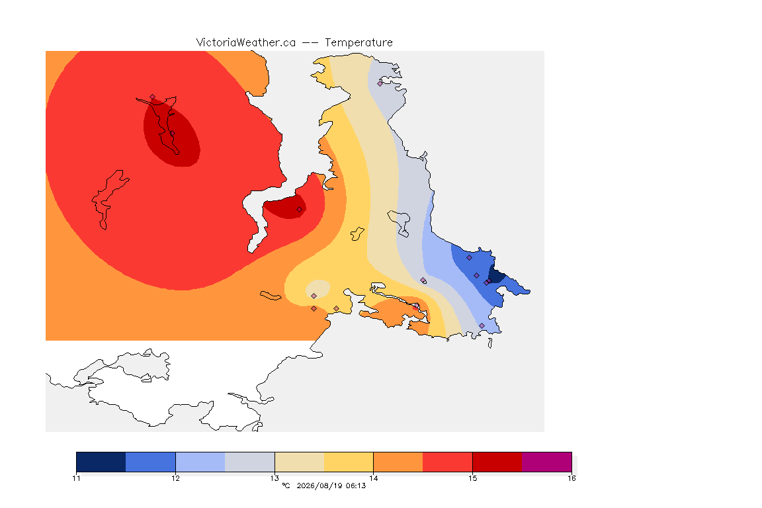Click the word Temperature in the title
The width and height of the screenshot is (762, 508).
359,43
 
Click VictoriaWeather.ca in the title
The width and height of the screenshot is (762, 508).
246,43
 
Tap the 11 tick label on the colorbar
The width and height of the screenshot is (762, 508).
76,478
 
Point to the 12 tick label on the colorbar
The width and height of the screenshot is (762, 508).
175,478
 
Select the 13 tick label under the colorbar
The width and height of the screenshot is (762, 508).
275,478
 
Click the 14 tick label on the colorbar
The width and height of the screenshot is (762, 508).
373,478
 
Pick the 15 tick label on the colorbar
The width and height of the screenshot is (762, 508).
472,478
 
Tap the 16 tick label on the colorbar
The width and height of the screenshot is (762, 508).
571,478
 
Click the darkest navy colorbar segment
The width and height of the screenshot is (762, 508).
101,462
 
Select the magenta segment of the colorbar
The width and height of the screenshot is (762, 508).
547,462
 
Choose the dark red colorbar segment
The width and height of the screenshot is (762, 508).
497,462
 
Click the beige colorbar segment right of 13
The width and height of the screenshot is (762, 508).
300,462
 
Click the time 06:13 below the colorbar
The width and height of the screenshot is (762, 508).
356,486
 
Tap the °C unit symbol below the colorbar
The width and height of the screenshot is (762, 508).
286,486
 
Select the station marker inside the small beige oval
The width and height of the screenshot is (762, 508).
314,296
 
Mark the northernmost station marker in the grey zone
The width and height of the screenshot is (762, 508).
380,83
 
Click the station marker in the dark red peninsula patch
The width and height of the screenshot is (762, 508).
300,210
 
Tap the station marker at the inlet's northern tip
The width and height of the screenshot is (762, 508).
153,97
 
